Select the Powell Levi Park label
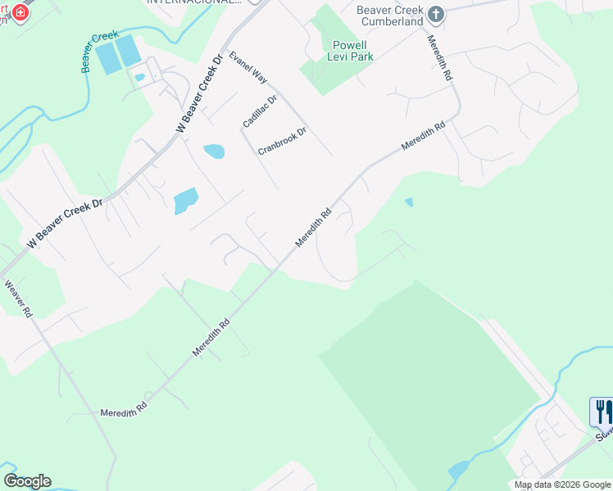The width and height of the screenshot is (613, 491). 352,51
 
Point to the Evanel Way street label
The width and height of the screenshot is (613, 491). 248,67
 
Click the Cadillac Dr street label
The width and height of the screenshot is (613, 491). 260,110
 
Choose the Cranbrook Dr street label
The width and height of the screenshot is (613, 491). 282,141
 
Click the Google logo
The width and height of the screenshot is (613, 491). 26,481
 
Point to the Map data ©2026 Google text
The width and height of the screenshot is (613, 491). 562,485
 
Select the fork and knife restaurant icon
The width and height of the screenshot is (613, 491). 602,411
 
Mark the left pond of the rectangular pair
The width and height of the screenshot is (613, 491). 107,57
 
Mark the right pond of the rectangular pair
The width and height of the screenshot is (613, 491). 129,52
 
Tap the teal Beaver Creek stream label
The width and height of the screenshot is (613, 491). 99,52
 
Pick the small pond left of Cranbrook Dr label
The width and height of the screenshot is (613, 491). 213,151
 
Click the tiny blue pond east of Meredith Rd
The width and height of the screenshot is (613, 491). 409,201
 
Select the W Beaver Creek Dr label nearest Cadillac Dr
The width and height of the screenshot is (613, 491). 199,95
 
